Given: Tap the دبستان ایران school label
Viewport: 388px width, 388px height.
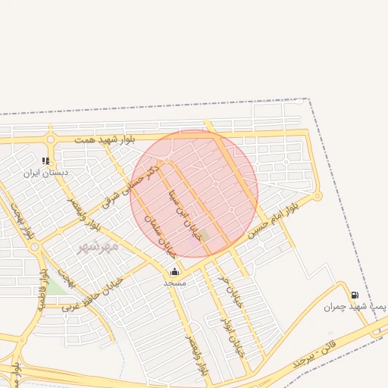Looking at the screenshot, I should tap(45, 173).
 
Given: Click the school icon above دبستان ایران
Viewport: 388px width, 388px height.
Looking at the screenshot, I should tap(45, 161).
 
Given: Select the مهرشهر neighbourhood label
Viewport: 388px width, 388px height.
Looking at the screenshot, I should tap(99, 247).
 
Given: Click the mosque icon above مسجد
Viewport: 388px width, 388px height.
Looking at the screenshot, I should tap(175, 271).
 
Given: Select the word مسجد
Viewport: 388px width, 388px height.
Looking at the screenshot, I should tap(175, 282).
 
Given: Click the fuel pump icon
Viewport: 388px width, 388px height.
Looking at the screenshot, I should tap(355, 295).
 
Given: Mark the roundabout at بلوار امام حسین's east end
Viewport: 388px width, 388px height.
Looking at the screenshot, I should tap(318, 196).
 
